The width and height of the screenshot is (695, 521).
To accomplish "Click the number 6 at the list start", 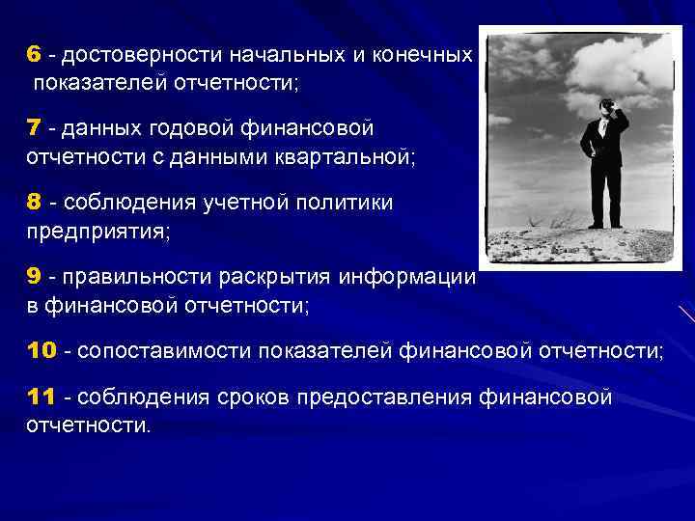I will tap(33, 55).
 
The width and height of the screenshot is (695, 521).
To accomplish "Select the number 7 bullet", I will tap(33, 128).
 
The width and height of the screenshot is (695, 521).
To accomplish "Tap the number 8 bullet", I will tap(34, 202).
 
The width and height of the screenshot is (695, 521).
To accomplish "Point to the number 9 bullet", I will tap(34, 277).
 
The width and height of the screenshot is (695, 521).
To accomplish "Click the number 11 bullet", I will tap(41, 398).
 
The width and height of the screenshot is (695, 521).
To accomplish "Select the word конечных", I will tap(422, 56).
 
